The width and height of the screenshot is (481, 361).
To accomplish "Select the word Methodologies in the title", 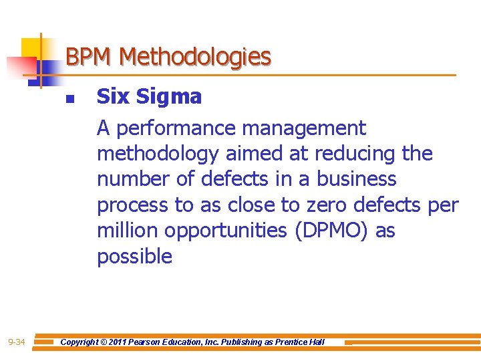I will click(194, 57).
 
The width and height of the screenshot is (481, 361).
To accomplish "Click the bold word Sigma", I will click(168, 97).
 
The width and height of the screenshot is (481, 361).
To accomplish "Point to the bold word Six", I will click(114, 97).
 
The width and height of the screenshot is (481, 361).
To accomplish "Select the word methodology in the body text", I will click(158, 154).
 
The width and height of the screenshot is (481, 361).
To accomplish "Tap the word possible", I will click(134, 256).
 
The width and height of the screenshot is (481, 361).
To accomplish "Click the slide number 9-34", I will click(17, 343).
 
